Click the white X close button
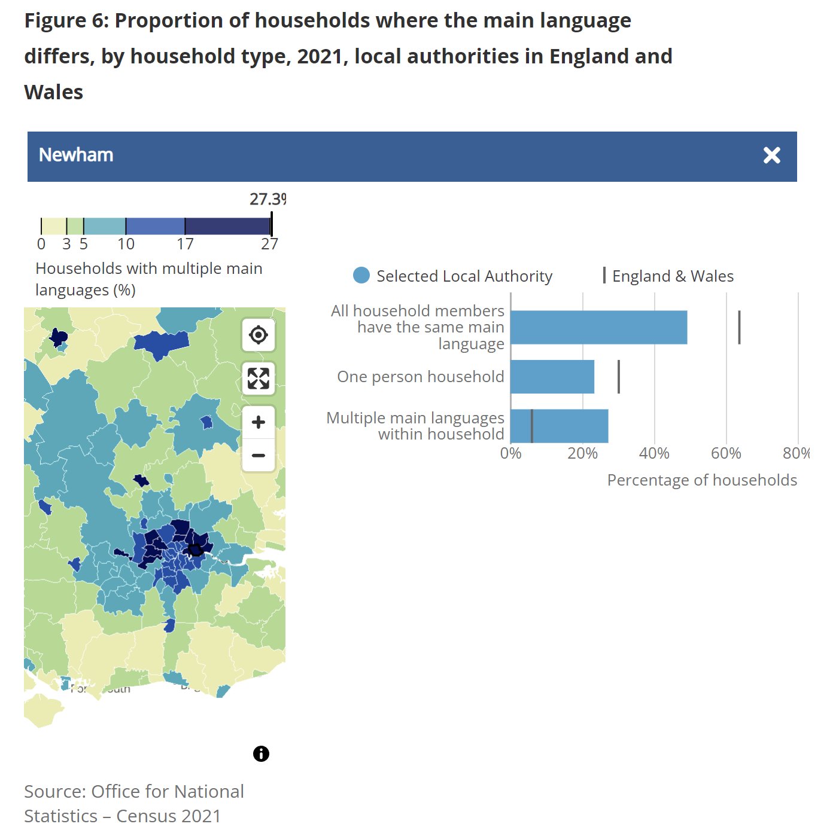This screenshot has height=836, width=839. tap(771, 155)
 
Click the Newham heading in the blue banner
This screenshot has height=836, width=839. tap(76, 155)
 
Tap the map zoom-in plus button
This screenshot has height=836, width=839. tap(259, 422)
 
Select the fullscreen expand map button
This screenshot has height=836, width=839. tap(259, 379)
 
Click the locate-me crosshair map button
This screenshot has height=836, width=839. tap(259, 335)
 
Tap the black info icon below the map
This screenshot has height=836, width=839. tap(261, 753)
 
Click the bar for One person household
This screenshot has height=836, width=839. tap(552, 377)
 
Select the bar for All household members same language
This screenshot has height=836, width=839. tap(598, 327)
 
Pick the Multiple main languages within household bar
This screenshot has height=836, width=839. tap(569, 426)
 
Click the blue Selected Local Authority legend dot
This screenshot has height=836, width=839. tap(361, 276)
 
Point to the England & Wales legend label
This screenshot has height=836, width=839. tap(673, 276)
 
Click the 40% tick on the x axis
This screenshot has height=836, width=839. tap(654, 453)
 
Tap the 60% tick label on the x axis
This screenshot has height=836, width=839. tap(726, 453)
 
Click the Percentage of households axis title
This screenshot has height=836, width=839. tap(702, 480)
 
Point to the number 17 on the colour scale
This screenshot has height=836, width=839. tap(185, 244)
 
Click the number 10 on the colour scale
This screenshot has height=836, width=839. tap(126, 244)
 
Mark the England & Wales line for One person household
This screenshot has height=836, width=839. tap(618, 377)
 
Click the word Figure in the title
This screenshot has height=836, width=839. tap(57, 21)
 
